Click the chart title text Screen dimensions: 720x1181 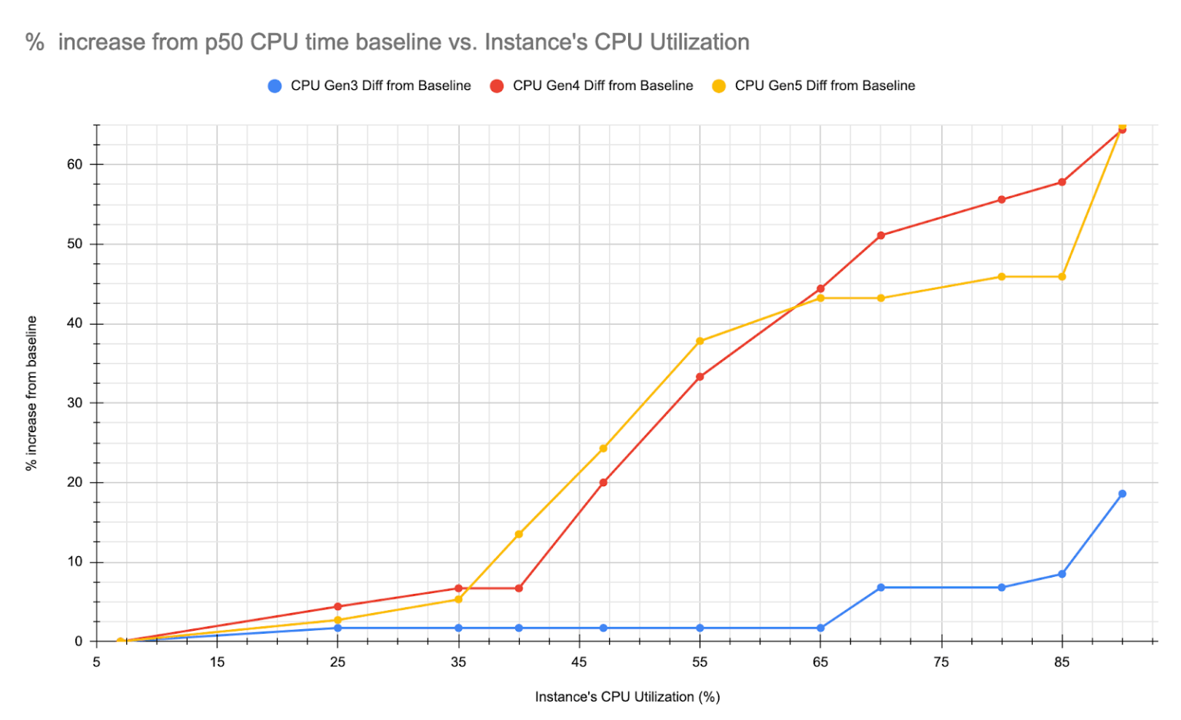tap(388, 42)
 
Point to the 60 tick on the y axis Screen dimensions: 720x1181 tap(75, 165)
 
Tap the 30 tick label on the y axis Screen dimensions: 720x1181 tap(75, 403)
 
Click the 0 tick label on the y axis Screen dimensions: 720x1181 tap(78, 642)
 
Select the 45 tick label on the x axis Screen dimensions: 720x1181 tap(579, 662)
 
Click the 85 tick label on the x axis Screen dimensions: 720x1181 tap(1062, 662)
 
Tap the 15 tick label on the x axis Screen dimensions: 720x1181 tap(217, 662)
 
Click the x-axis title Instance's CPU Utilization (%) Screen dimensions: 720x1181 tap(627, 697)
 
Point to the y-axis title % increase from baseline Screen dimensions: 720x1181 tap(32, 393)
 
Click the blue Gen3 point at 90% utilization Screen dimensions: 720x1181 tap(1122, 494)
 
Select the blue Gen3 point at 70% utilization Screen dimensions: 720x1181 tap(881, 588)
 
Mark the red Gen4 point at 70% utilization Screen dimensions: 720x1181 tap(881, 235)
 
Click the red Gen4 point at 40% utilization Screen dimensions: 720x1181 tap(519, 588)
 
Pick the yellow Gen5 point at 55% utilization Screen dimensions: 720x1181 tap(700, 341)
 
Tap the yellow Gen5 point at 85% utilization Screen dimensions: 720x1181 tap(1062, 276)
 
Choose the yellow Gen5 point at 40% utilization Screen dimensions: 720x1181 tap(519, 534)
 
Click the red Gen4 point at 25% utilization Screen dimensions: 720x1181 tap(338, 606)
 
